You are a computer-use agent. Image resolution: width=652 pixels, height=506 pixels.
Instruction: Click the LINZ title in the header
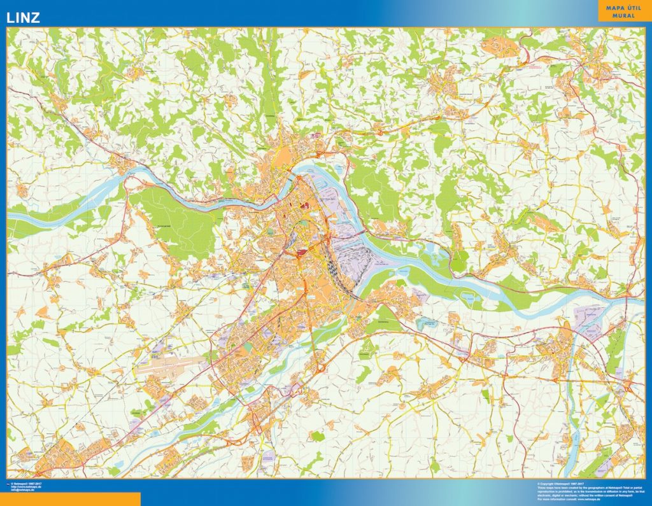[23, 18]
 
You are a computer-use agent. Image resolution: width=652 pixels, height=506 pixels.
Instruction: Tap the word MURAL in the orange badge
[624, 17]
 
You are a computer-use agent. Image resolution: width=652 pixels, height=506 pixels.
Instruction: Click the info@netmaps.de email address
[23, 490]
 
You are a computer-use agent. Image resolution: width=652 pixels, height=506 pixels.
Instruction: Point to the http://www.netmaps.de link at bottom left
[25, 487]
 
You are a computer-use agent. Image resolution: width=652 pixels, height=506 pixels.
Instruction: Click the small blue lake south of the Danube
[425, 322]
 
